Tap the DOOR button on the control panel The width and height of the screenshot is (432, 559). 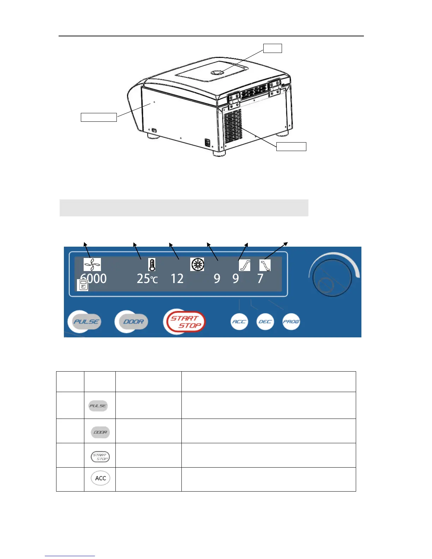tap(132, 321)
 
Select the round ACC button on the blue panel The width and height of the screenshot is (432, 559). tap(239, 321)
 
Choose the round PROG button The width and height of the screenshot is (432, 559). tap(291, 322)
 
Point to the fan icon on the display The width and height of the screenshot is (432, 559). tap(92, 264)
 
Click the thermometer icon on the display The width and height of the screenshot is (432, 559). tap(152, 265)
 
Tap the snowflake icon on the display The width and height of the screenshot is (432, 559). tap(197, 264)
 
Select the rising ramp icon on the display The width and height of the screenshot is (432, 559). tap(245, 265)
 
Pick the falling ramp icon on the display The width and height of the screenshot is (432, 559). tap(265, 265)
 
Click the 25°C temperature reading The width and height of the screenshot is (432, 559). tap(147, 279)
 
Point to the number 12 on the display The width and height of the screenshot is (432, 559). tap(177, 279)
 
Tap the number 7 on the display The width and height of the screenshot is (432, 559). tap(260, 279)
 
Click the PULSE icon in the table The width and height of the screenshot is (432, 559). tap(98, 406)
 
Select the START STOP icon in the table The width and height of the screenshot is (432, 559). tap(100, 457)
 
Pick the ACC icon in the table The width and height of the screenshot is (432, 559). tap(100, 478)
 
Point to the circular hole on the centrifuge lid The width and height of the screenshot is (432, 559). tap(216, 73)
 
